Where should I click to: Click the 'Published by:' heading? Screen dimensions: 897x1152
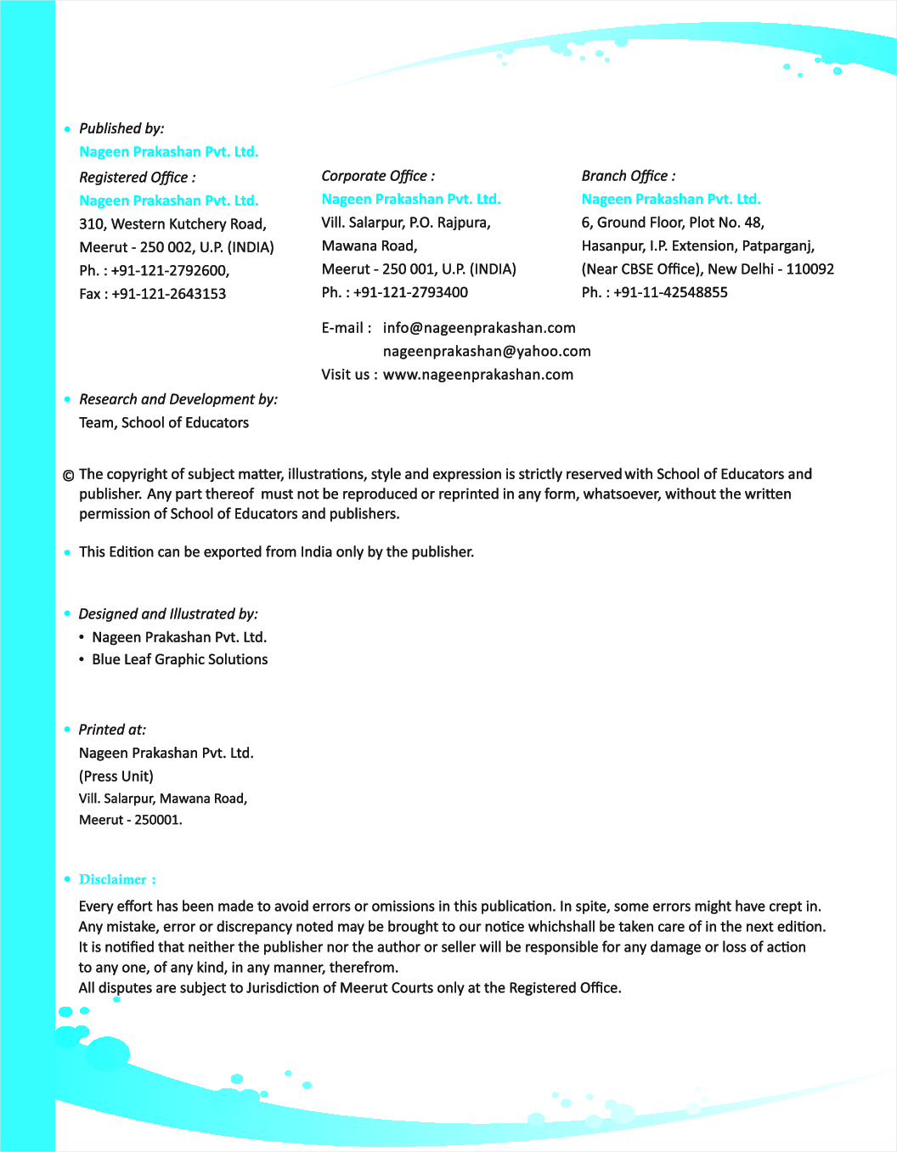[121, 128]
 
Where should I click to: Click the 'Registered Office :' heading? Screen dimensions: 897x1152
[137, 177]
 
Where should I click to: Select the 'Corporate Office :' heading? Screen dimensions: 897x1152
[378, 176]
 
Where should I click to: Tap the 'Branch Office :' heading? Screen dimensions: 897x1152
[629, 176]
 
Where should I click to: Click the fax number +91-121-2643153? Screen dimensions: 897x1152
[168, 294]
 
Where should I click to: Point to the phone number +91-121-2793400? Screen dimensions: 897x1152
[410, 292]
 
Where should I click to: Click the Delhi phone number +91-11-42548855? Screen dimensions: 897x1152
[670, 292]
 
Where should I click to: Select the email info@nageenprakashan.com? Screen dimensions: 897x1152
[479, 328]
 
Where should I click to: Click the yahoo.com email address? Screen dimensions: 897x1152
[487, 351]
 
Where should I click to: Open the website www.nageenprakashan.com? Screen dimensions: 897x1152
[478, 375]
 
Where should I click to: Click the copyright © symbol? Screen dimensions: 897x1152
[68, 475]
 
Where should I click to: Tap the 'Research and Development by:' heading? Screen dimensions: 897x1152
[178, 399]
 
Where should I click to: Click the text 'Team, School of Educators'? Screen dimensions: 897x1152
[164, 422]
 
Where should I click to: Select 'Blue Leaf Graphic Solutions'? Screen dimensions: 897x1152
[180, 659]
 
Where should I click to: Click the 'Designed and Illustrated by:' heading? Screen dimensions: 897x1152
[168, 613]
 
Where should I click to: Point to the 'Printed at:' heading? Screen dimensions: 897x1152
[112, 730]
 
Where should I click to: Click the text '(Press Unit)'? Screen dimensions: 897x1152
[116, 776]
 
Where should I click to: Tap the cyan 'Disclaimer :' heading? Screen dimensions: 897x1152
[117, 879]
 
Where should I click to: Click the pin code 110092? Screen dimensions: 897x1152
[810, 269]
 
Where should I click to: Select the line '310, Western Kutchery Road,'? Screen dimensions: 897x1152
[172, 224]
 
